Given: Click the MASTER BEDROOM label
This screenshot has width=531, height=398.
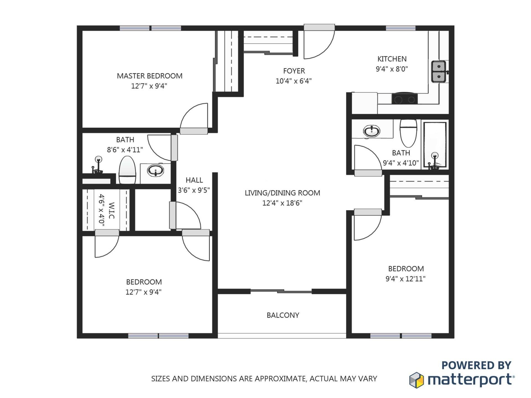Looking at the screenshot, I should point(149,76).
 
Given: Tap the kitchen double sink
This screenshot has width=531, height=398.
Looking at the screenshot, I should point(439,72).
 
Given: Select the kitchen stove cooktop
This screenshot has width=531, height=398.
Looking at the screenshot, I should point(404,99).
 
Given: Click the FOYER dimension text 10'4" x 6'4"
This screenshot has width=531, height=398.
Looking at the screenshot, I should point(293,81).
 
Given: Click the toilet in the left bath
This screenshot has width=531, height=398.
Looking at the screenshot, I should point(127,170).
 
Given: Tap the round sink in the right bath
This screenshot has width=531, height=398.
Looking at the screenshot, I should point(371,131).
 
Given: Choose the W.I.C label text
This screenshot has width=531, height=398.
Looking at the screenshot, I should point(111,210).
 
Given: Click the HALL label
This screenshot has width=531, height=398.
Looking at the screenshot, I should point(194,180).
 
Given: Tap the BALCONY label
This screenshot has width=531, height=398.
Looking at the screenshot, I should point(283,315).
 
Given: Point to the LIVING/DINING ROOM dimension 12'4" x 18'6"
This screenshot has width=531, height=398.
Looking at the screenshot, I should point(282,203).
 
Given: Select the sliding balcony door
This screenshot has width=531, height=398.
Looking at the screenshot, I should point(281,291).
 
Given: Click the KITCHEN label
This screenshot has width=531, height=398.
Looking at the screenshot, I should point(392,59).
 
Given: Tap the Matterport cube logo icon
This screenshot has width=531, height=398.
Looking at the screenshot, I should point(416,380).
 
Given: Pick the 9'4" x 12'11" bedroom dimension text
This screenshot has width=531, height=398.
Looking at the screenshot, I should point(405,279).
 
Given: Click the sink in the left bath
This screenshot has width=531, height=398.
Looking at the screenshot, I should point(155,171).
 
